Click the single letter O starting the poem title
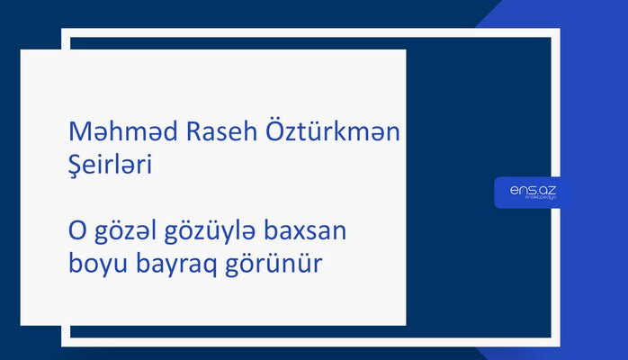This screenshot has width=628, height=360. [77, 233]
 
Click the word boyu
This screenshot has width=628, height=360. [96, 267]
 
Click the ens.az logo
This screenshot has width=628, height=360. [532, 192]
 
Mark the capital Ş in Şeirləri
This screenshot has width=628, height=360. [76, 167]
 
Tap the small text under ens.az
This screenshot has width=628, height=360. [532, 201]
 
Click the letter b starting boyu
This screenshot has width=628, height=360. [75, 265]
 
